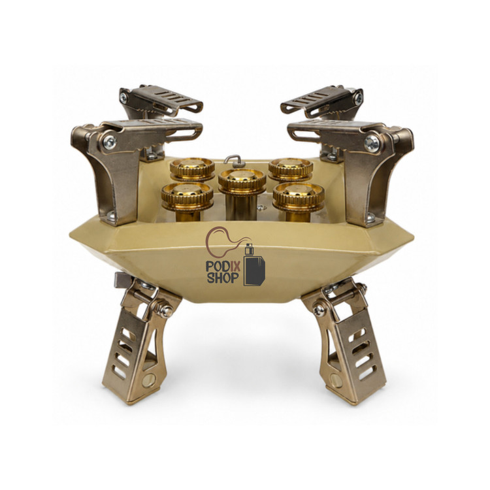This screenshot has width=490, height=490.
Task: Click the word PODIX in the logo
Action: tap(223, 267)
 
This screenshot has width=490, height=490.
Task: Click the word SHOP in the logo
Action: tap(223, 278)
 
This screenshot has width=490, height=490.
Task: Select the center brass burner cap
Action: tap(242, 180)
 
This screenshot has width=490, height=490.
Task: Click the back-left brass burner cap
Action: tap(192, 169)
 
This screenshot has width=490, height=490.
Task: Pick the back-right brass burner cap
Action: tap(291, 169)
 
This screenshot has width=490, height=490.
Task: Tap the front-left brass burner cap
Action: tap(188, 195)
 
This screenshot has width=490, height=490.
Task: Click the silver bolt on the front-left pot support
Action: tap(110, 142)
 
